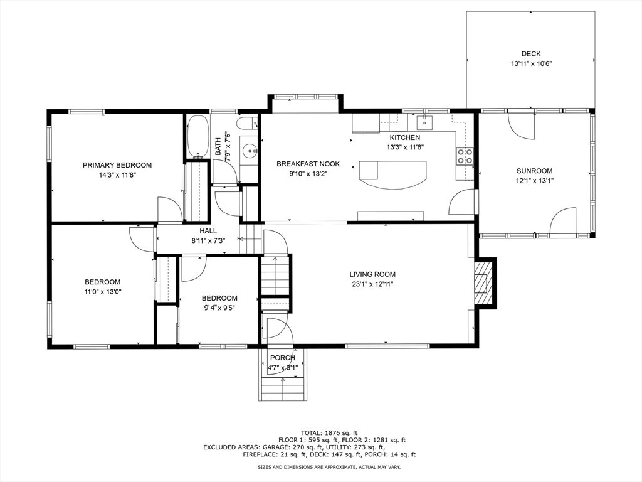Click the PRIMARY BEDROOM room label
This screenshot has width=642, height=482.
pyautogui.click(x=117, y=165)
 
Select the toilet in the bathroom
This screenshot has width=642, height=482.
pyautogui.click(x=248, y=122)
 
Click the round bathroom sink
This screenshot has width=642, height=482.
pyautogui.click(x=249, y=151)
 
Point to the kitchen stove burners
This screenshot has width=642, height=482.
pyautogui.click(x=465, y=156)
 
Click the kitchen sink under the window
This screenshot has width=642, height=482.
pyautogui.click(x=426, y=121)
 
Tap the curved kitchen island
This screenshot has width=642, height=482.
pyautogui.click(x=392, y=175)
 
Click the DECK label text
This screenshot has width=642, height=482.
pyautogui.click(x=531, y=54)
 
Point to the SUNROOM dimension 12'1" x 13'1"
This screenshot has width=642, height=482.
pyautogui.click(x=534, y=181)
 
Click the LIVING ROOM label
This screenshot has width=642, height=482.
pyautogui.click(x=372, y=274)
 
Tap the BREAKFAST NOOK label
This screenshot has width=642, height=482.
pyautogui.click(x=308, y=164)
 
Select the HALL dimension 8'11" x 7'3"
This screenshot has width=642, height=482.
pyautogui.click(x=208, y=240)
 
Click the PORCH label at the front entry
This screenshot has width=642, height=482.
pyautogui.click(x=283, y=358)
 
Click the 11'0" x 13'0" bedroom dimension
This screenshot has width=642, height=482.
pyautogui.click(x=103, y=292)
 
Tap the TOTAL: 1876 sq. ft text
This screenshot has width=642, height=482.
pyautogui.click(x=329, y=433)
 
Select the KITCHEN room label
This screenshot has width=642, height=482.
pyautogui.click(x=404, y=137)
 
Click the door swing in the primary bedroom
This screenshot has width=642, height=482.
pyautogui.click(x=169, y=209)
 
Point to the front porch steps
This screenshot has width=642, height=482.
pyautogui.click(x=283, y=387)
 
